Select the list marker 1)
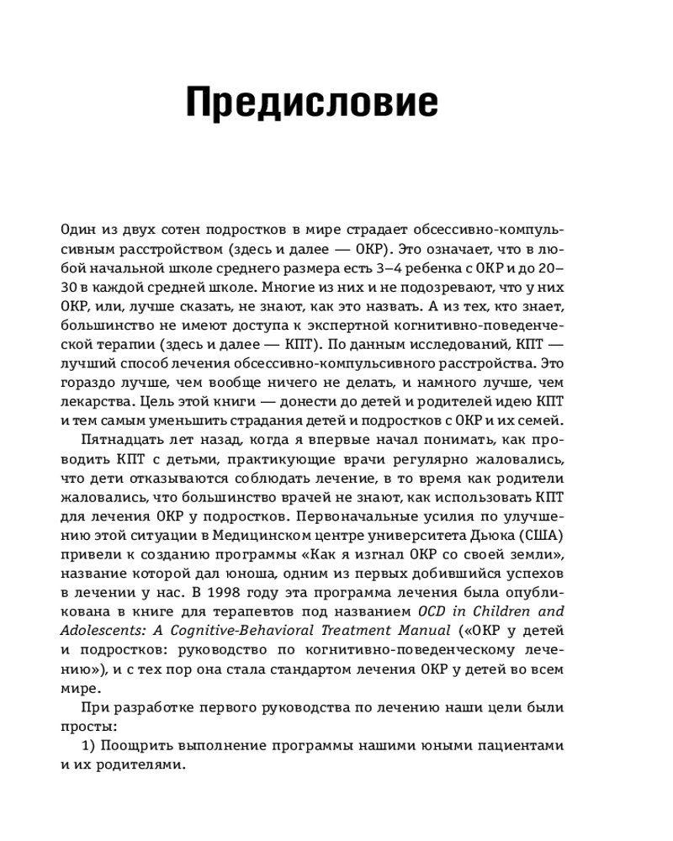(90, 746)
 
